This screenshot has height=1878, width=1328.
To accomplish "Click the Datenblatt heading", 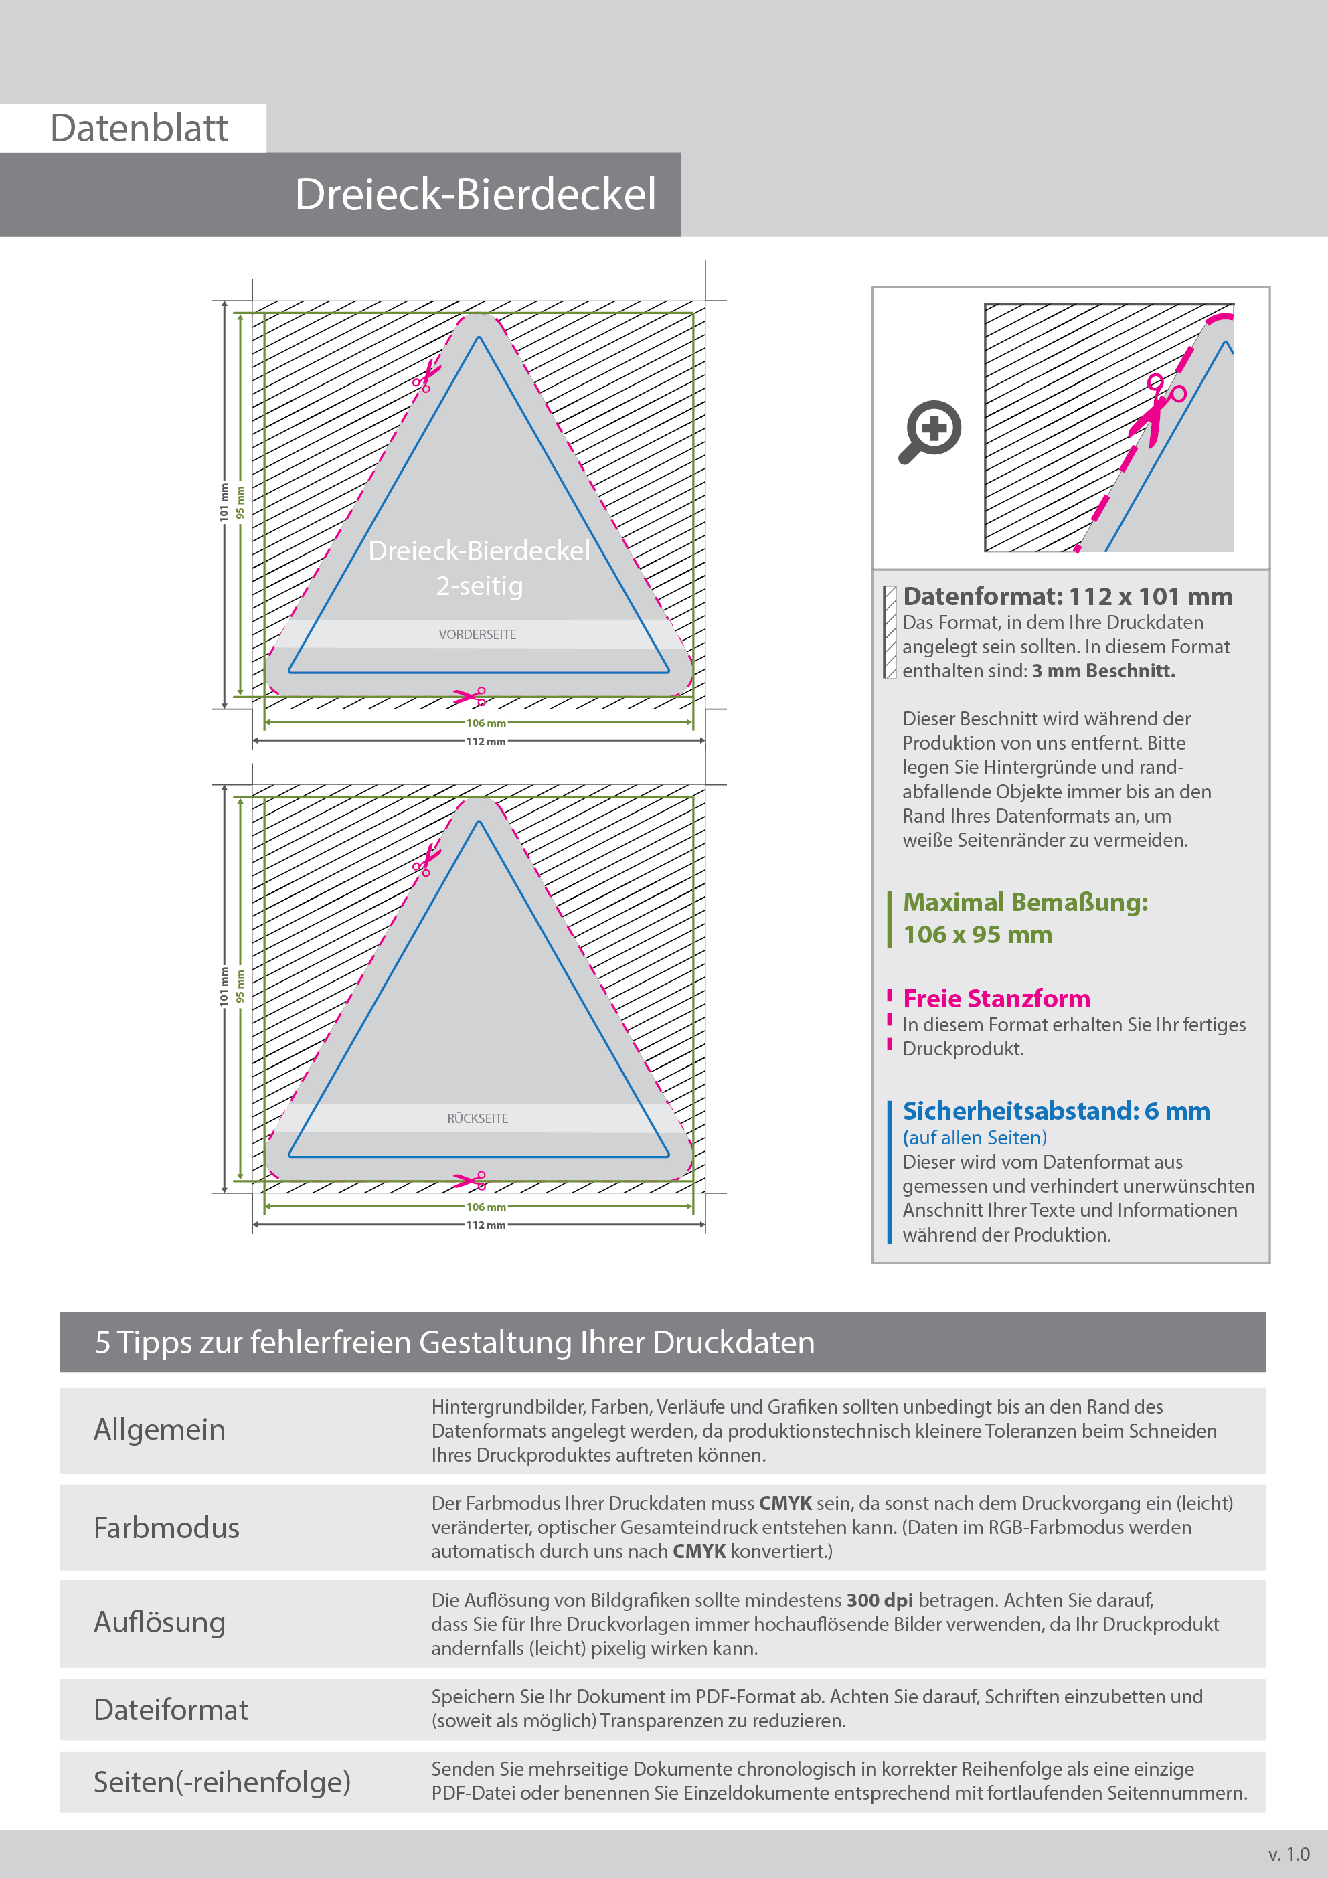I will (x=139, y=129).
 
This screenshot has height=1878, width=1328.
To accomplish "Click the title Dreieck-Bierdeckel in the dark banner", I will (x=475, y=195).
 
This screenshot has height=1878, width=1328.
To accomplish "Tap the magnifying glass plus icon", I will (x=931, y=430).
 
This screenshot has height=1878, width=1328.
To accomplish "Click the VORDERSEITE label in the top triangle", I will (x=477, y=634).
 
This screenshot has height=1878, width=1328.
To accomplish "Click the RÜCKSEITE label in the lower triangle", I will (x=477, y=1118).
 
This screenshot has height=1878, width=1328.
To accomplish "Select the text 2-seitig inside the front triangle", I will (x=479, y=586).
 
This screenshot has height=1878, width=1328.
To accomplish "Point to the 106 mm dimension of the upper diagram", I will (x=485, y=723).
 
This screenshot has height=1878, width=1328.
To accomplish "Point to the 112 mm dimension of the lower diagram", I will (x=485, y=1225).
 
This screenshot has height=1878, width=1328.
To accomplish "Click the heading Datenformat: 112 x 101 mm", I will (x=1067, y=596).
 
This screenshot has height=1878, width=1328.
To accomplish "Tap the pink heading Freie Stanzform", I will (x=996, y=999).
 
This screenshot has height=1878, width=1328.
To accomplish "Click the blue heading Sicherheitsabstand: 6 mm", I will (x=1056, y=1111).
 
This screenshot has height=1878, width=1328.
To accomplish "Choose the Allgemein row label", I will (x=159, y=1430).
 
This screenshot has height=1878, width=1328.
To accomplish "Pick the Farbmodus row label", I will (x=166, y=1528).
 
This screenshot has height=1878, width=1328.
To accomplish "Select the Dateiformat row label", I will (x=170, y=1709).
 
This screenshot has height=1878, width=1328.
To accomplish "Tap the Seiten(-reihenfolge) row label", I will (x=222, y=1782).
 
